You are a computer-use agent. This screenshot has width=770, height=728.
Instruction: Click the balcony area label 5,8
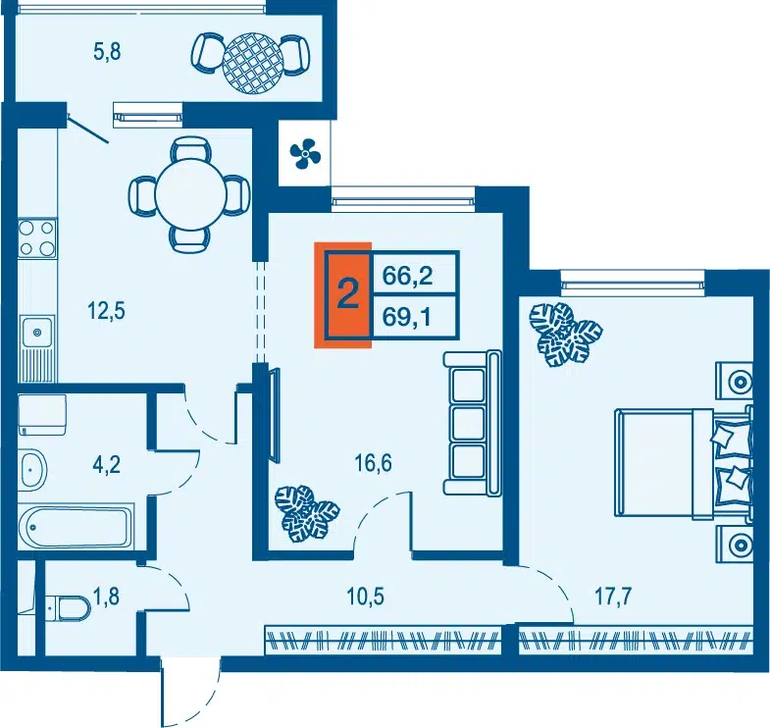[x=107, y=52]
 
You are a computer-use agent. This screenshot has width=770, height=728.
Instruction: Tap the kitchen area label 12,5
[x=106, y=311]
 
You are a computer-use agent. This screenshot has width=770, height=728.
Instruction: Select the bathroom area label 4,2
[x=107, y=464]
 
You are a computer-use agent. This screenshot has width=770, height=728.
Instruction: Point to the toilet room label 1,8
[x=106, y=598]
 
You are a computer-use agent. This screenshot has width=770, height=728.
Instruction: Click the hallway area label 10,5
[x=365, y=597]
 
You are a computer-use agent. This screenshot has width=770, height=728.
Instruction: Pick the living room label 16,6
[x=374, y=463]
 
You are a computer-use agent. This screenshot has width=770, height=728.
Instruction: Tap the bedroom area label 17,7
[x=613, y=597]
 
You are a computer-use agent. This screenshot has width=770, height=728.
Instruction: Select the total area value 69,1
[x=407, y=317]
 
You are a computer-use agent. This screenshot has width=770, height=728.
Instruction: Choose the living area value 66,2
[x=408, y=276]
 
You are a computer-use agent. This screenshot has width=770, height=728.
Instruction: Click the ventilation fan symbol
[x=305, y=154]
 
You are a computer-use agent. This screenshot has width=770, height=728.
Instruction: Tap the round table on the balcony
[x=253, y=62]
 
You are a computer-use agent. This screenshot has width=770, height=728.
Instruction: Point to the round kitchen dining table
[x=190, y=195]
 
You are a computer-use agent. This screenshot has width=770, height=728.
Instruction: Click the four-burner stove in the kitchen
[x=37, y=238]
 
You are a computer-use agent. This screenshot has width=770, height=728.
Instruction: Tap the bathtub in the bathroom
[x=77, y=527]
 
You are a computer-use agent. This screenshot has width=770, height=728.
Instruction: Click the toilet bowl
[x=68, y=610]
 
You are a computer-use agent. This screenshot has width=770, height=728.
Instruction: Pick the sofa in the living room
[x=472, y=423]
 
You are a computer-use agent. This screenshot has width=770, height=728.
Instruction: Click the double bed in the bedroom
[x=683, y=463]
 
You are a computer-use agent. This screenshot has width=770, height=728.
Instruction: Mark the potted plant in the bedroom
[x=565, y=334]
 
